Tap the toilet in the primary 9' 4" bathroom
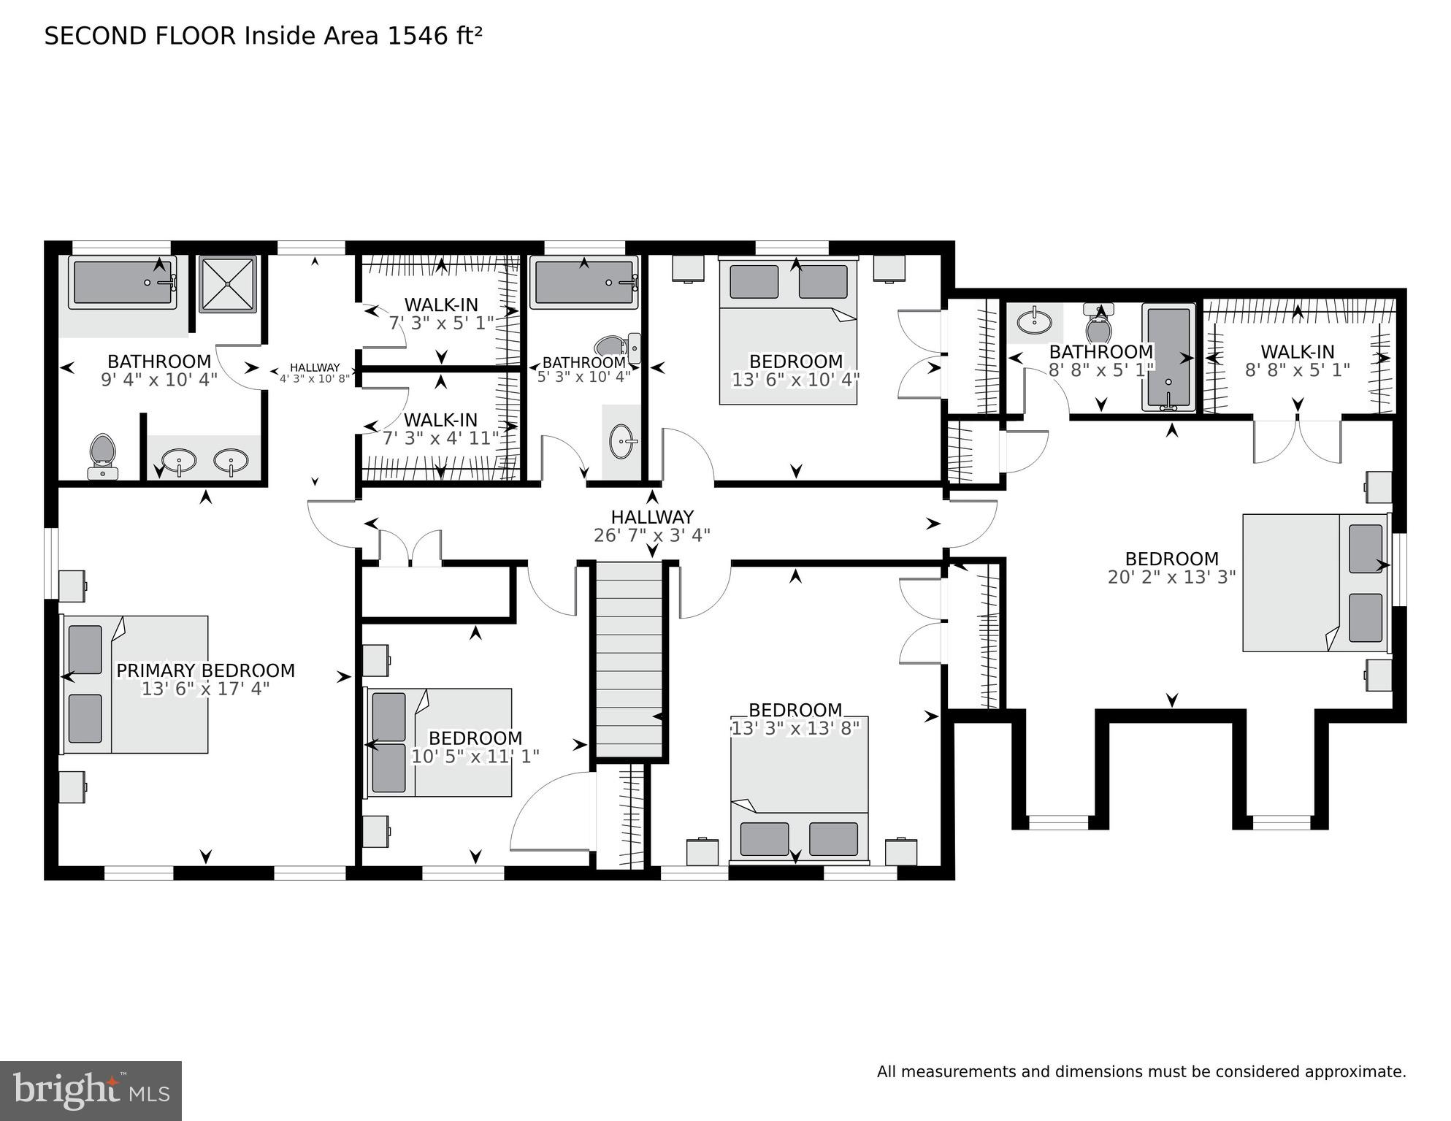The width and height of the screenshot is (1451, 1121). coord(102,456)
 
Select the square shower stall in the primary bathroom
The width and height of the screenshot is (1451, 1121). coord(228,283)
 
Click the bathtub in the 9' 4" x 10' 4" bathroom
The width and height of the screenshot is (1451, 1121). coord(123,283)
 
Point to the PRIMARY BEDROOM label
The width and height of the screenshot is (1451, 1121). coord(205,670)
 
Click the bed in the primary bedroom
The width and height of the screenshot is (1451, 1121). coord(135,684)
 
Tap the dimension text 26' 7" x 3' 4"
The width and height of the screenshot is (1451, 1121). coord(651,535)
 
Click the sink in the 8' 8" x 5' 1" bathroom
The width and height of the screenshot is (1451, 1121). coord(1034,320)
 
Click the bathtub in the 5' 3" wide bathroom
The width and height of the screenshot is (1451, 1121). coord(583,283)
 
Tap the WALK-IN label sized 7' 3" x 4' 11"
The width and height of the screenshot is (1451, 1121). coord(440,420)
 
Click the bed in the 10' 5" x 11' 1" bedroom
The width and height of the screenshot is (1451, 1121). coord(438,742)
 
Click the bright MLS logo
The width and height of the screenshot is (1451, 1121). coord(91,1090)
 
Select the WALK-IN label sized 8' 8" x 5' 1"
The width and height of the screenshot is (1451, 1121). coord(1297,351)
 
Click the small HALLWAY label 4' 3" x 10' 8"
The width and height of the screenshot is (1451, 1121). coord(315,367)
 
